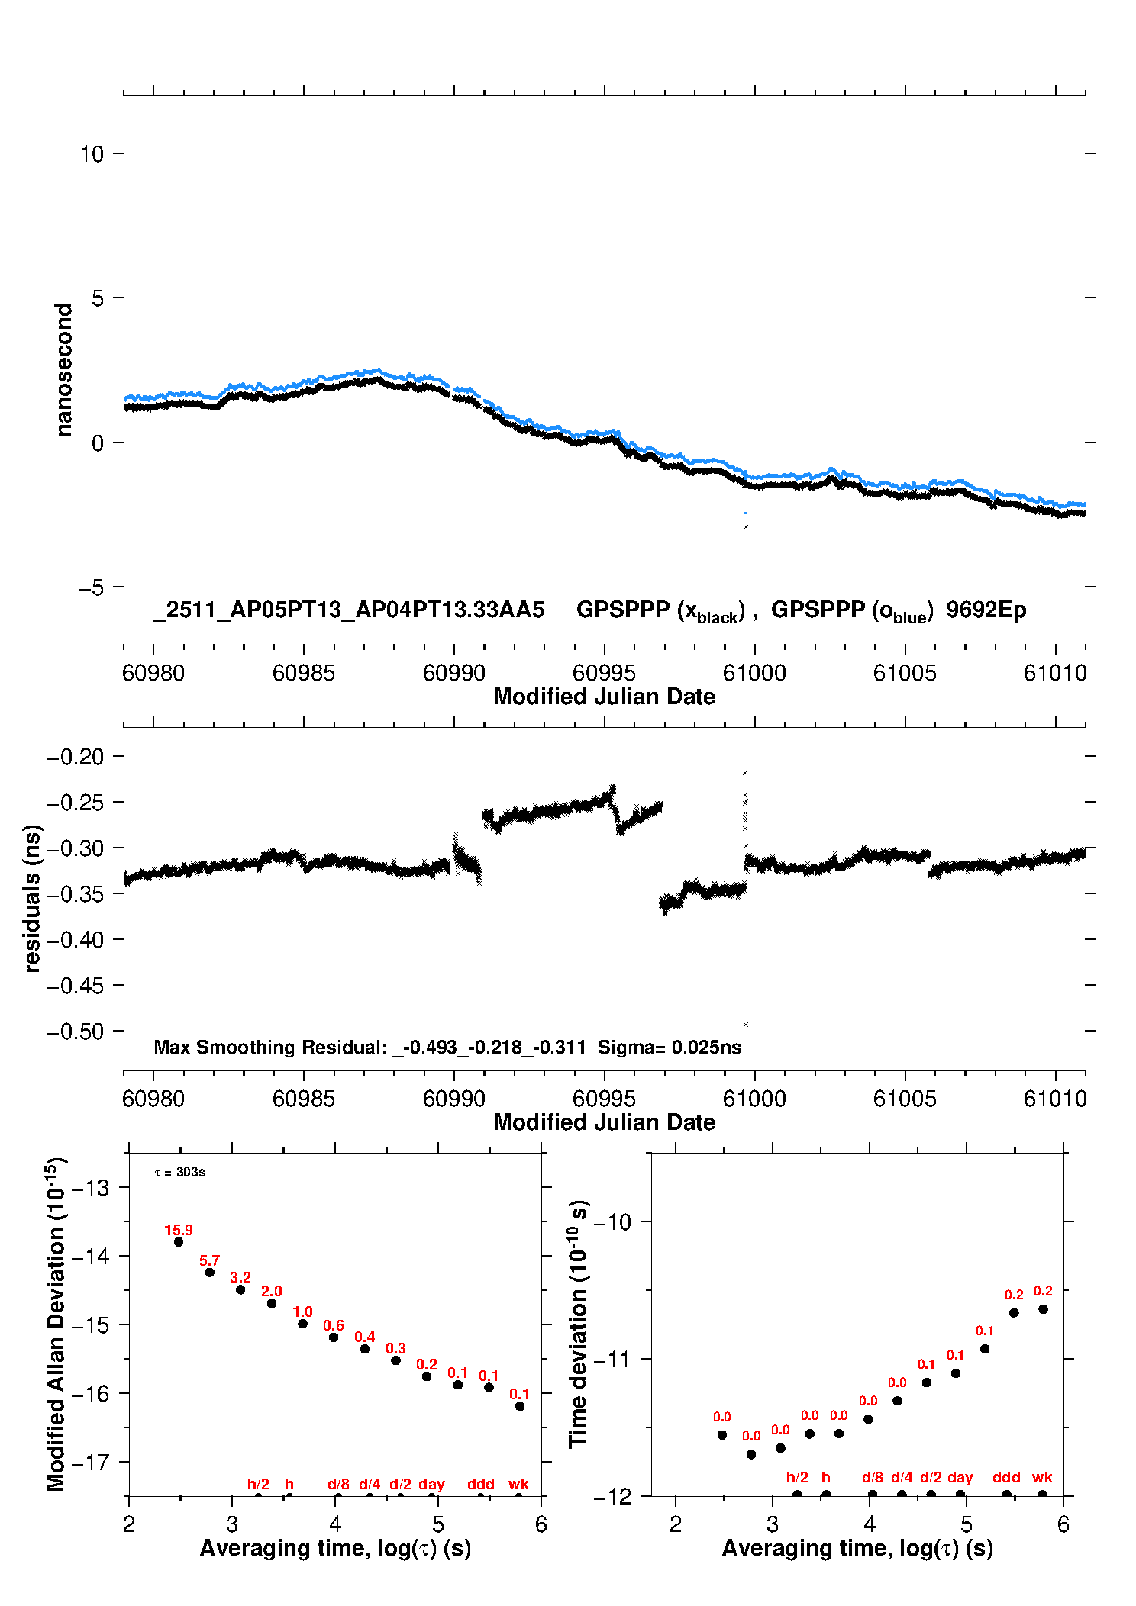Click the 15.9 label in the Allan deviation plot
[x=179, y=1230]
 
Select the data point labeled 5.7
[x=210, y=1272]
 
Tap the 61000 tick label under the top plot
[x=754, y=673]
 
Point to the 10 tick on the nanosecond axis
[x=92, y=154]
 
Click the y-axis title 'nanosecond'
[x=64, y=369]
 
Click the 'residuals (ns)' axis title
[x=32, y=898]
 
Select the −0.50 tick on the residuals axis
[x=75, y=1032]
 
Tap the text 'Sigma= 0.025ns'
[x=670, y=1047]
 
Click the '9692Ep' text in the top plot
[x=986, y=610]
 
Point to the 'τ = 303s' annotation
[x=180, y=1172]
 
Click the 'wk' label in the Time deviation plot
[x=1042, y=1477]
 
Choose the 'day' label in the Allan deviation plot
[x=431, y=1484]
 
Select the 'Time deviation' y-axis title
[x=579, y=1324]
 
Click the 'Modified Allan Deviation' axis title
[x=56, y=1324]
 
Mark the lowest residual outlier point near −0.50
[x=746, y=1025]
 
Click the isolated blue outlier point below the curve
[x=746, y=513]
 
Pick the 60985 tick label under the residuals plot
[x=304, y=1099]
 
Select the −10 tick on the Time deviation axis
[x=612, y=1221]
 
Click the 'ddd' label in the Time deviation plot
[x=1006, y=1477]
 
